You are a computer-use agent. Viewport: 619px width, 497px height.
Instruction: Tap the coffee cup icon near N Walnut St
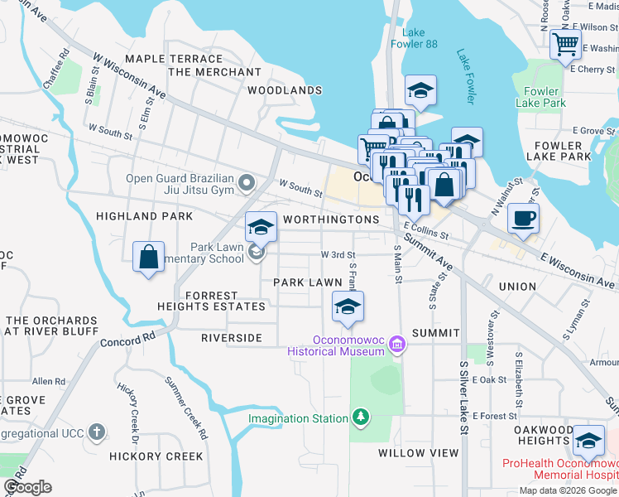tap(523, 219)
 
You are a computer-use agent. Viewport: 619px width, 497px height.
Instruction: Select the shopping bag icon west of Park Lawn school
tap(148, 256)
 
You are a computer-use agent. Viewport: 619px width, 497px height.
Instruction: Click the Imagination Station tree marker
tap(360, 416)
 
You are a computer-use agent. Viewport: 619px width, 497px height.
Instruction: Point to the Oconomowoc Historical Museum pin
tap(397, 343)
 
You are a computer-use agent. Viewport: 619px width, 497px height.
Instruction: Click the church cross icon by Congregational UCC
tap(97, 432)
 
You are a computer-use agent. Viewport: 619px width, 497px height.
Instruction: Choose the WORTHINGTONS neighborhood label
tap(330, 220)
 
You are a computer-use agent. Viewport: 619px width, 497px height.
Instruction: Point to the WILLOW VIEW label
tap(418, 453)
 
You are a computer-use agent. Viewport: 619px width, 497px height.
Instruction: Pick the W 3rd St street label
tap(338, 255)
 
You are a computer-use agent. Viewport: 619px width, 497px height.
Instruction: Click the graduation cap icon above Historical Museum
tap(348, 307)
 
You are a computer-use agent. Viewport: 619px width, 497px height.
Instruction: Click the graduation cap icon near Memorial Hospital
tap(588, 441)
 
